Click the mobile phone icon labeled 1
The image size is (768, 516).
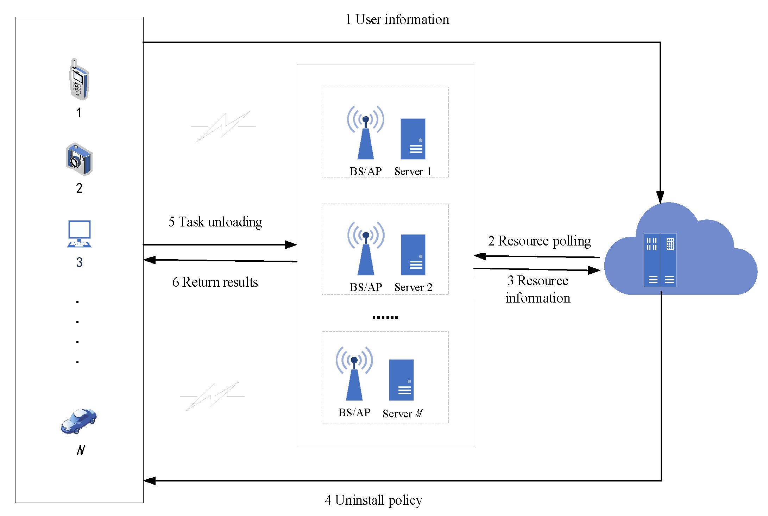[x=79, y=80]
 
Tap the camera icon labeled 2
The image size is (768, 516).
[x=79, y=159]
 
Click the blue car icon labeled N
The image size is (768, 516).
[x=78, y=421]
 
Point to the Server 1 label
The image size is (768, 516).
[x=413, y=172]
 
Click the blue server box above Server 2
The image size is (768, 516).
[x=413, y=255]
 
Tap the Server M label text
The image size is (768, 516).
[x=402, y=414]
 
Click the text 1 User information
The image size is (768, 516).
[x=397, y=19]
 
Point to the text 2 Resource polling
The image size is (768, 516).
[x=539, y=241]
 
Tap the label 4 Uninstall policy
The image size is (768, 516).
[x=373, y=500]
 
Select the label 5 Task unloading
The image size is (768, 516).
[x=215, y=222]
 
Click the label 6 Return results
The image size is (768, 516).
[x=215, y=282]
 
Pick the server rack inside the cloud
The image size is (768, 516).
[x=660, y=260]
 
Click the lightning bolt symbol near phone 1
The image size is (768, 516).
[x=224, y=126]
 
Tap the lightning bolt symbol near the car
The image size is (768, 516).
[x=213, y=396]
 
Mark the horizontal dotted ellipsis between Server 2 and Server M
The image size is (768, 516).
[x=385, y=317]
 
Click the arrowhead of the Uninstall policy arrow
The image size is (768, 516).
[x=150, y=480]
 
